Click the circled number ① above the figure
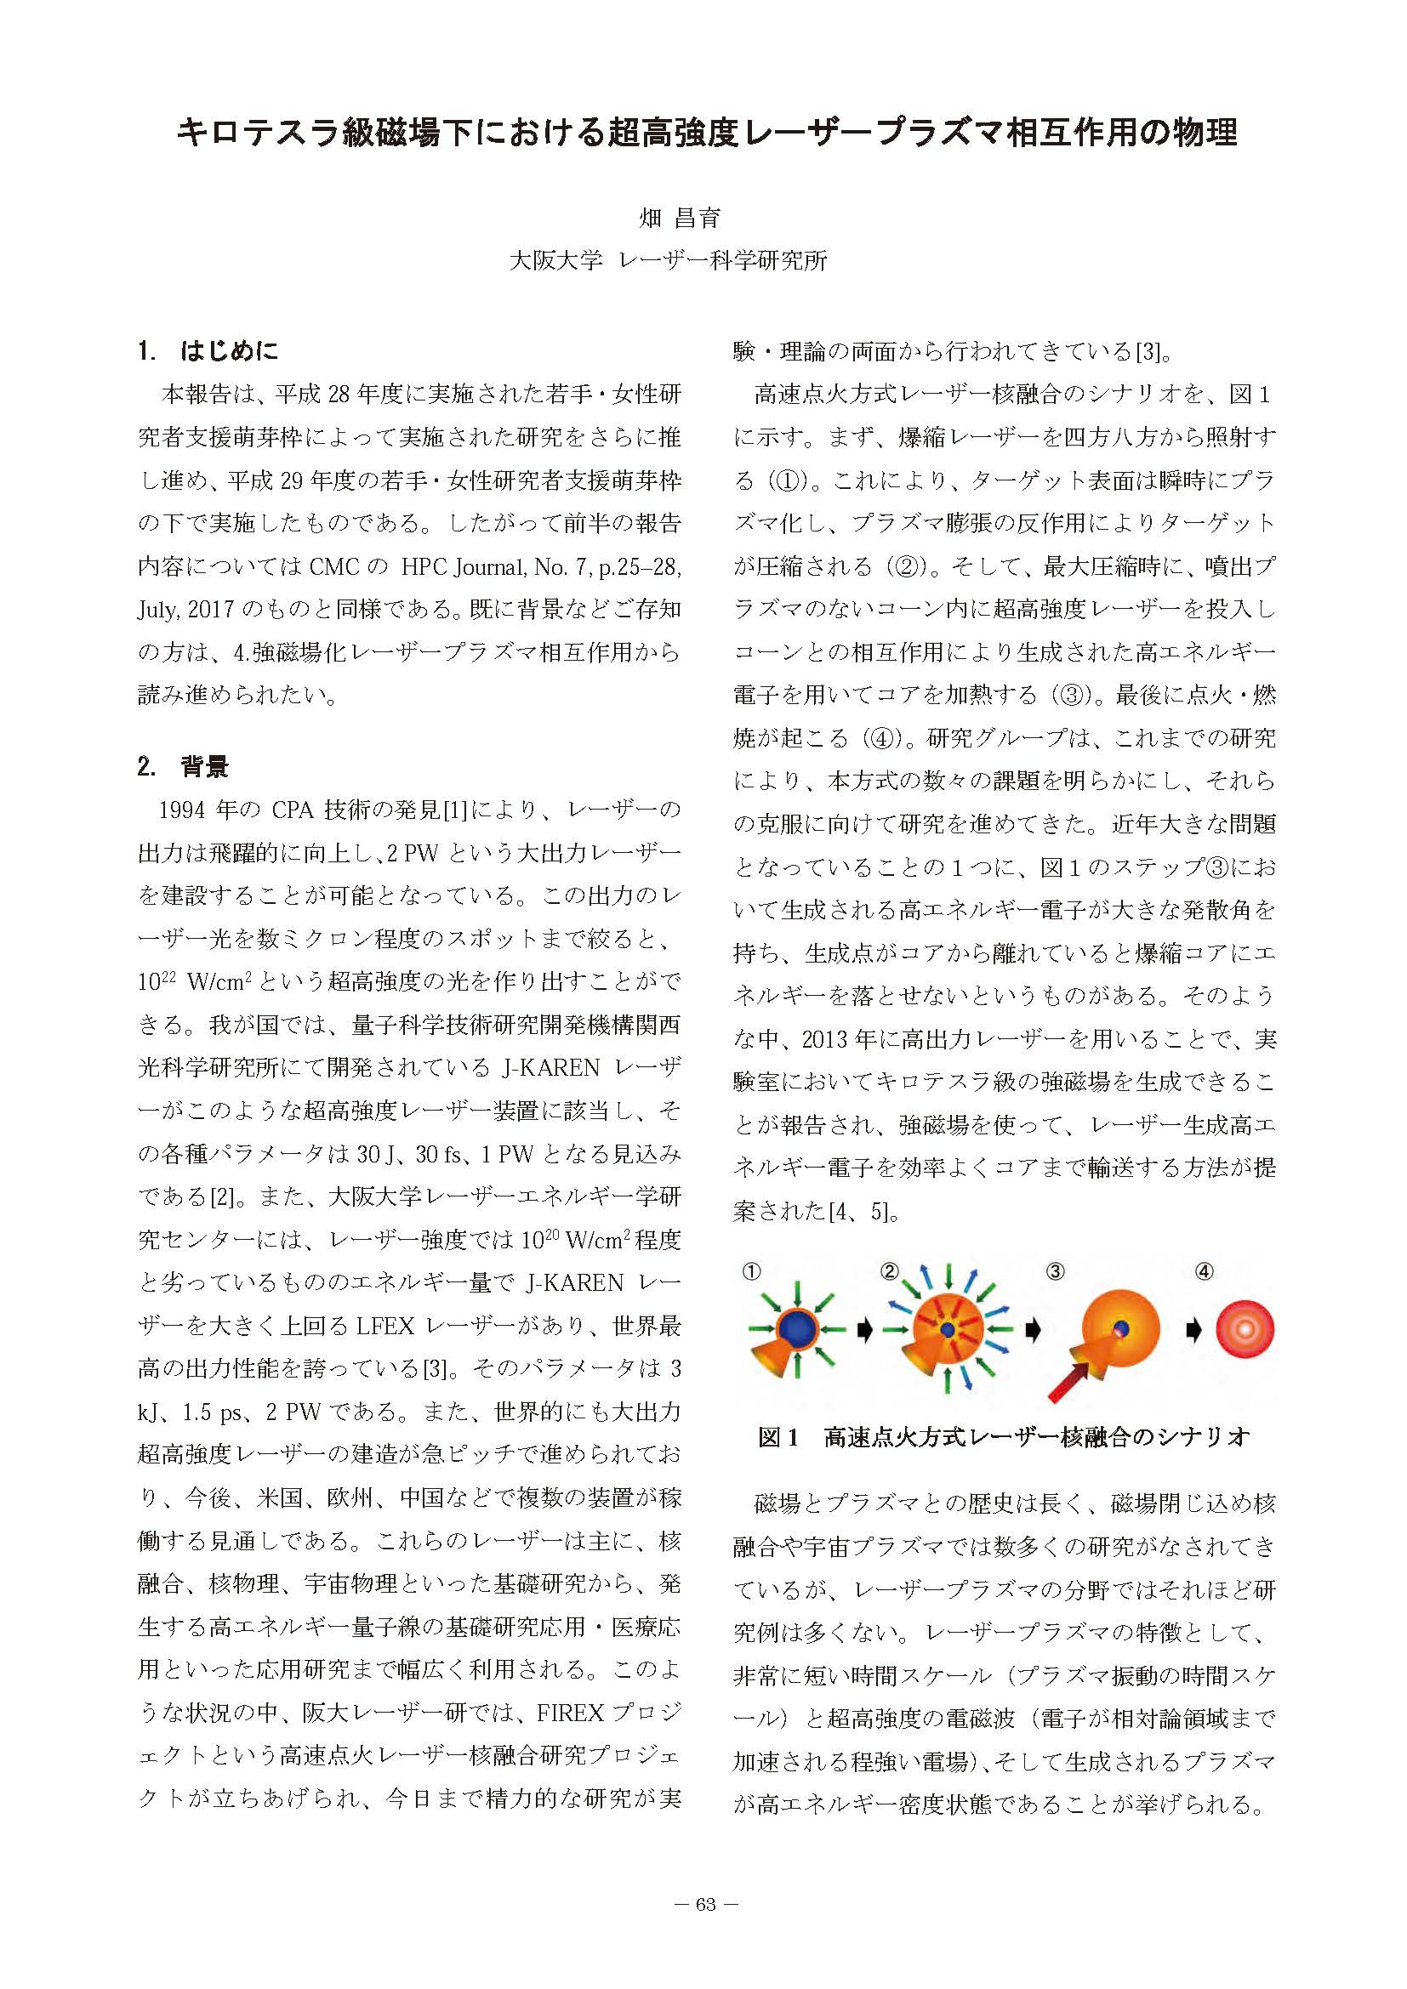[x=752, y=1271]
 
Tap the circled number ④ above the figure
[x=1204, y=1271]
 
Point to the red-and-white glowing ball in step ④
[x=1245, y=1330]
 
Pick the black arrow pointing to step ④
[x=1194, y=1330]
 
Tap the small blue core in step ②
[x=948, y=1329]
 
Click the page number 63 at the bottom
[x=705, y=1904]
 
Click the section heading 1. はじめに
[x=208, y=351]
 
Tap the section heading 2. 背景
[x=184, y=767]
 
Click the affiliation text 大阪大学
[x=555, y=261]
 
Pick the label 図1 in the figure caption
[x=778, y=1437]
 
